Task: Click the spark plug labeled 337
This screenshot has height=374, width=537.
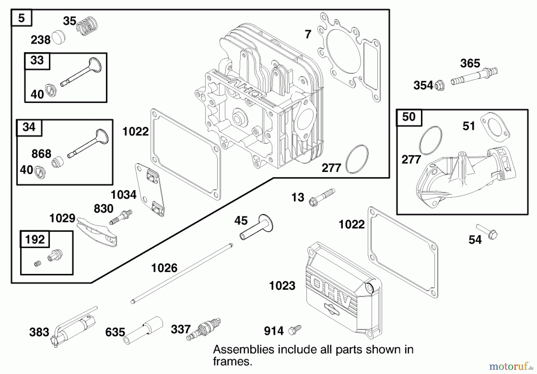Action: (x=203, y=330)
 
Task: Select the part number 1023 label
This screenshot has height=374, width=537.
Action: (x=282, y=285)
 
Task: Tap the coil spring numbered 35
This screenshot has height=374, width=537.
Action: (x=87, y=26)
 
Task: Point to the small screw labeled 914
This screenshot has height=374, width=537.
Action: (x=295, y=330)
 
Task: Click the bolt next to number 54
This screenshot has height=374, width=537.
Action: (x=487, y=232)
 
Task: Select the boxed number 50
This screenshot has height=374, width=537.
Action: (x=409, y=117)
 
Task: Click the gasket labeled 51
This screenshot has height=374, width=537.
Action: (x=495, y=127)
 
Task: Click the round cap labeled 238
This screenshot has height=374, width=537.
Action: (x=58, y=38)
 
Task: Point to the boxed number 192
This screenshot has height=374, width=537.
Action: (x=35, y=239)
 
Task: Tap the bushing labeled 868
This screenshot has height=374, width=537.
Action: (x=57, y=162)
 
